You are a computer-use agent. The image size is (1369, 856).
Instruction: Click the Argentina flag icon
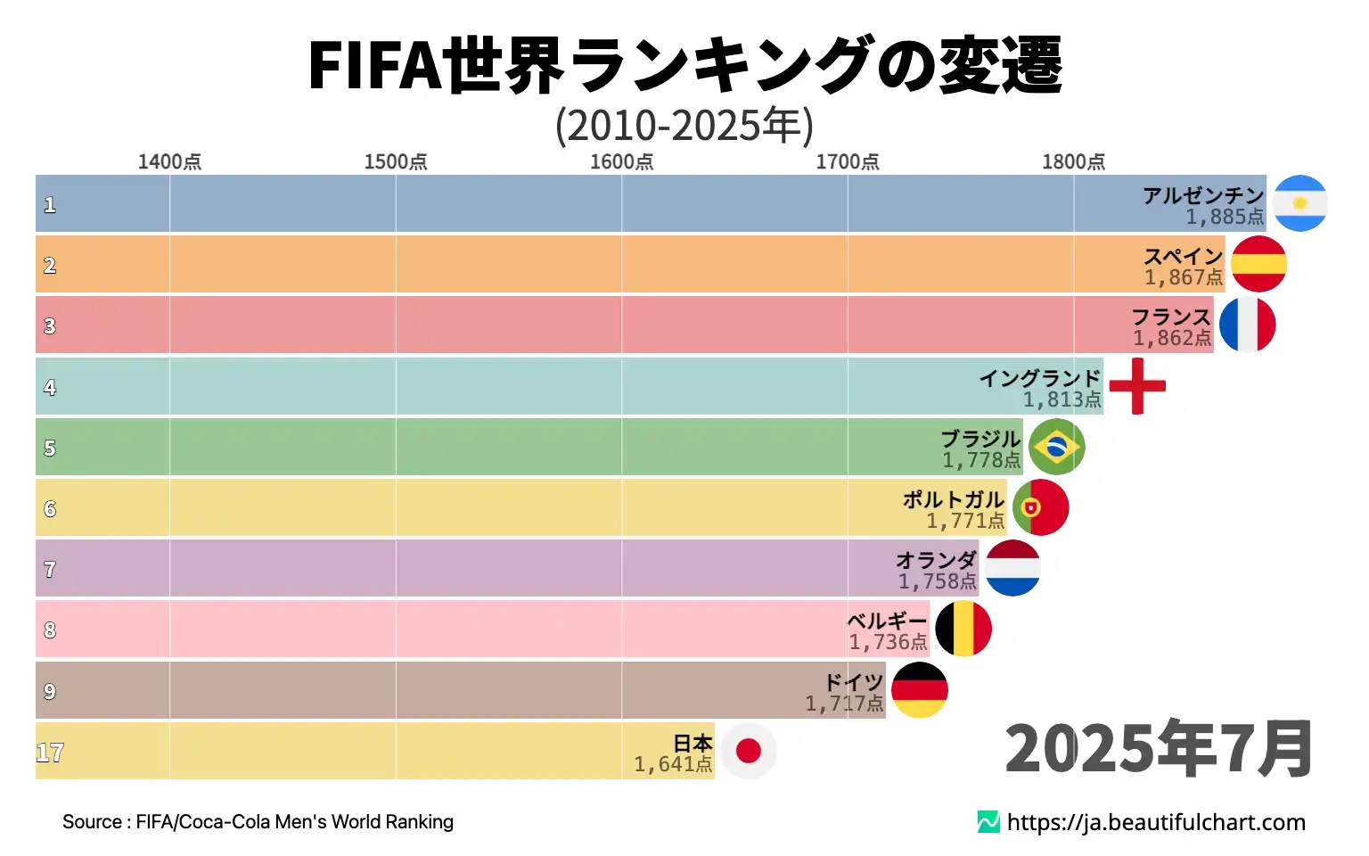coord(1299,203)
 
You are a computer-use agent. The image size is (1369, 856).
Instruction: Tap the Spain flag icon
coord(1258,264)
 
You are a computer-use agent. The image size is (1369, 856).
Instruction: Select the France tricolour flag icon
coord(1247,325)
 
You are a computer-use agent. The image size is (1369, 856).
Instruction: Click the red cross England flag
coord(1137,386)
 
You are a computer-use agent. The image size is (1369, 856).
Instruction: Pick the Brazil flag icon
coord(1056,447)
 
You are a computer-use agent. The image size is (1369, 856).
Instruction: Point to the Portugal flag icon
coord(1040,507)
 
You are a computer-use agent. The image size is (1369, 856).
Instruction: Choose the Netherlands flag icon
coord(1012,568)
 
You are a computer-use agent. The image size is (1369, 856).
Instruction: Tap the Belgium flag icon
coord(963,629)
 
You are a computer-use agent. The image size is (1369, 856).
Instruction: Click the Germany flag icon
coord(919,690)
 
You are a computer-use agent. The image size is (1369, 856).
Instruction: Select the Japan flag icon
coord(748,751)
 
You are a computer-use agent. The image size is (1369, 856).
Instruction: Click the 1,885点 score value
coord(1225,217)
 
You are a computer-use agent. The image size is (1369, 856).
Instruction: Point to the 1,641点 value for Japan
coord(673,764)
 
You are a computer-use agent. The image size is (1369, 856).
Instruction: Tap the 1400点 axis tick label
coord(169,161)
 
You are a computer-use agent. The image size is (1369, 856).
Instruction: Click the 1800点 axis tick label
coord(1073,161)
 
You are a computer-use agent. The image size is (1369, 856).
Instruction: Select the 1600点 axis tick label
coord(621,161)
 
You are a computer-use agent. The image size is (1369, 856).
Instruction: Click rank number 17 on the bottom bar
coord(50,753)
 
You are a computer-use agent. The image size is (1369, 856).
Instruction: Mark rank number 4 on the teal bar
coord(50,387)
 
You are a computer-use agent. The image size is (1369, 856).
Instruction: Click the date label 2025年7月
coord(1159,748)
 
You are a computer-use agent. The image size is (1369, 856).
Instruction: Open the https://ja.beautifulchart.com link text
coord(1156,822)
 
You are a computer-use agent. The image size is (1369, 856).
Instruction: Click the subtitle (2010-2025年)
coord(684,125)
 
